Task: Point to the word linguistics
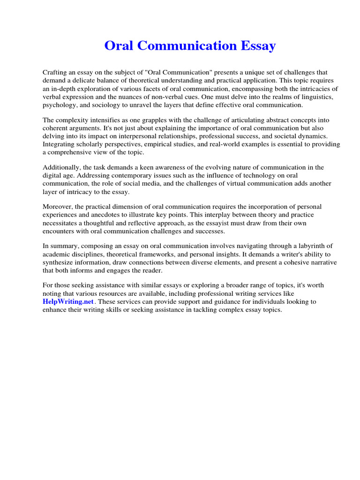pyautogui.click(x=307, y=97)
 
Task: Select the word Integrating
pyautogui.click(x=60, y=144)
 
